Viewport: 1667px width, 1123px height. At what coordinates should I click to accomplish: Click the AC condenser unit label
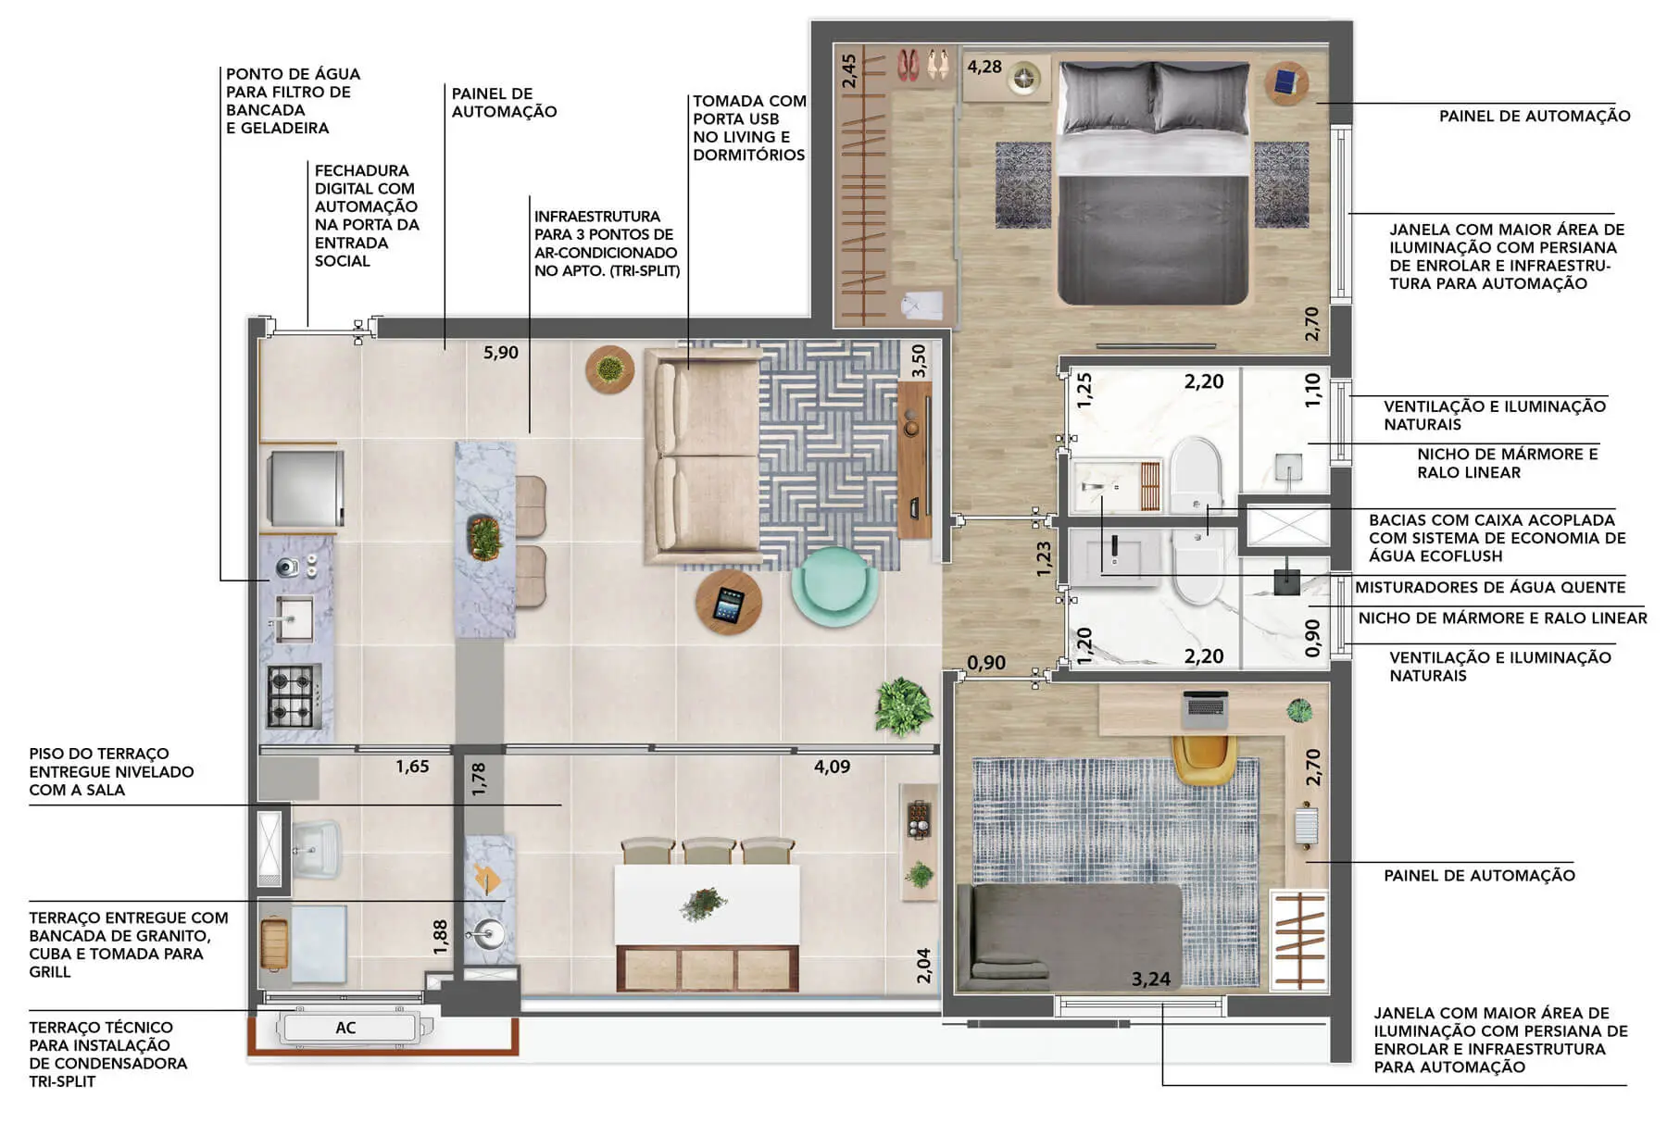point(345,1028)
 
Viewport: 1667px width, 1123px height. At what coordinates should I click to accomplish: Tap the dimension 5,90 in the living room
point(501,353)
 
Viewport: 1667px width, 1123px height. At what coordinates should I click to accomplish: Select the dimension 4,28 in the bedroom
point(984,67)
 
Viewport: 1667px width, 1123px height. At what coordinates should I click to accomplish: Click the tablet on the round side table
point(729,605)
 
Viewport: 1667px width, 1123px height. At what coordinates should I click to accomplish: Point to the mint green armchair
point(834,586)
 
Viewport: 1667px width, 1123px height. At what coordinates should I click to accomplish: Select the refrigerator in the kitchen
point(306,487)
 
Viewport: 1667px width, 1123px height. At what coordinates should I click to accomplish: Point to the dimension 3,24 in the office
point(1151,980)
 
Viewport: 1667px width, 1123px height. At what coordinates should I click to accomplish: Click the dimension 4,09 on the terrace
point(832,767)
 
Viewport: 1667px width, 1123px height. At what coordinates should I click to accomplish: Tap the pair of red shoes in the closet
point(908,65)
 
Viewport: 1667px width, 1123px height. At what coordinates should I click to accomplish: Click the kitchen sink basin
point(295,618)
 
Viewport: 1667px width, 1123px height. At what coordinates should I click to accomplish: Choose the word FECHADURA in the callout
point(361,170)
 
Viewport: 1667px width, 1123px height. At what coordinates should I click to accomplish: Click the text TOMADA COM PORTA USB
point(749,110)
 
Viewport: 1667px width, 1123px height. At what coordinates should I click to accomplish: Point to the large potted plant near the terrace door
point(904,706)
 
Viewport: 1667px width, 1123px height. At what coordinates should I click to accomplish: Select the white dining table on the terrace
point(707,905)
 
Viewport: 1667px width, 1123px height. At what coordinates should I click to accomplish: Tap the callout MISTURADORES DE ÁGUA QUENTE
point(1490,587)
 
